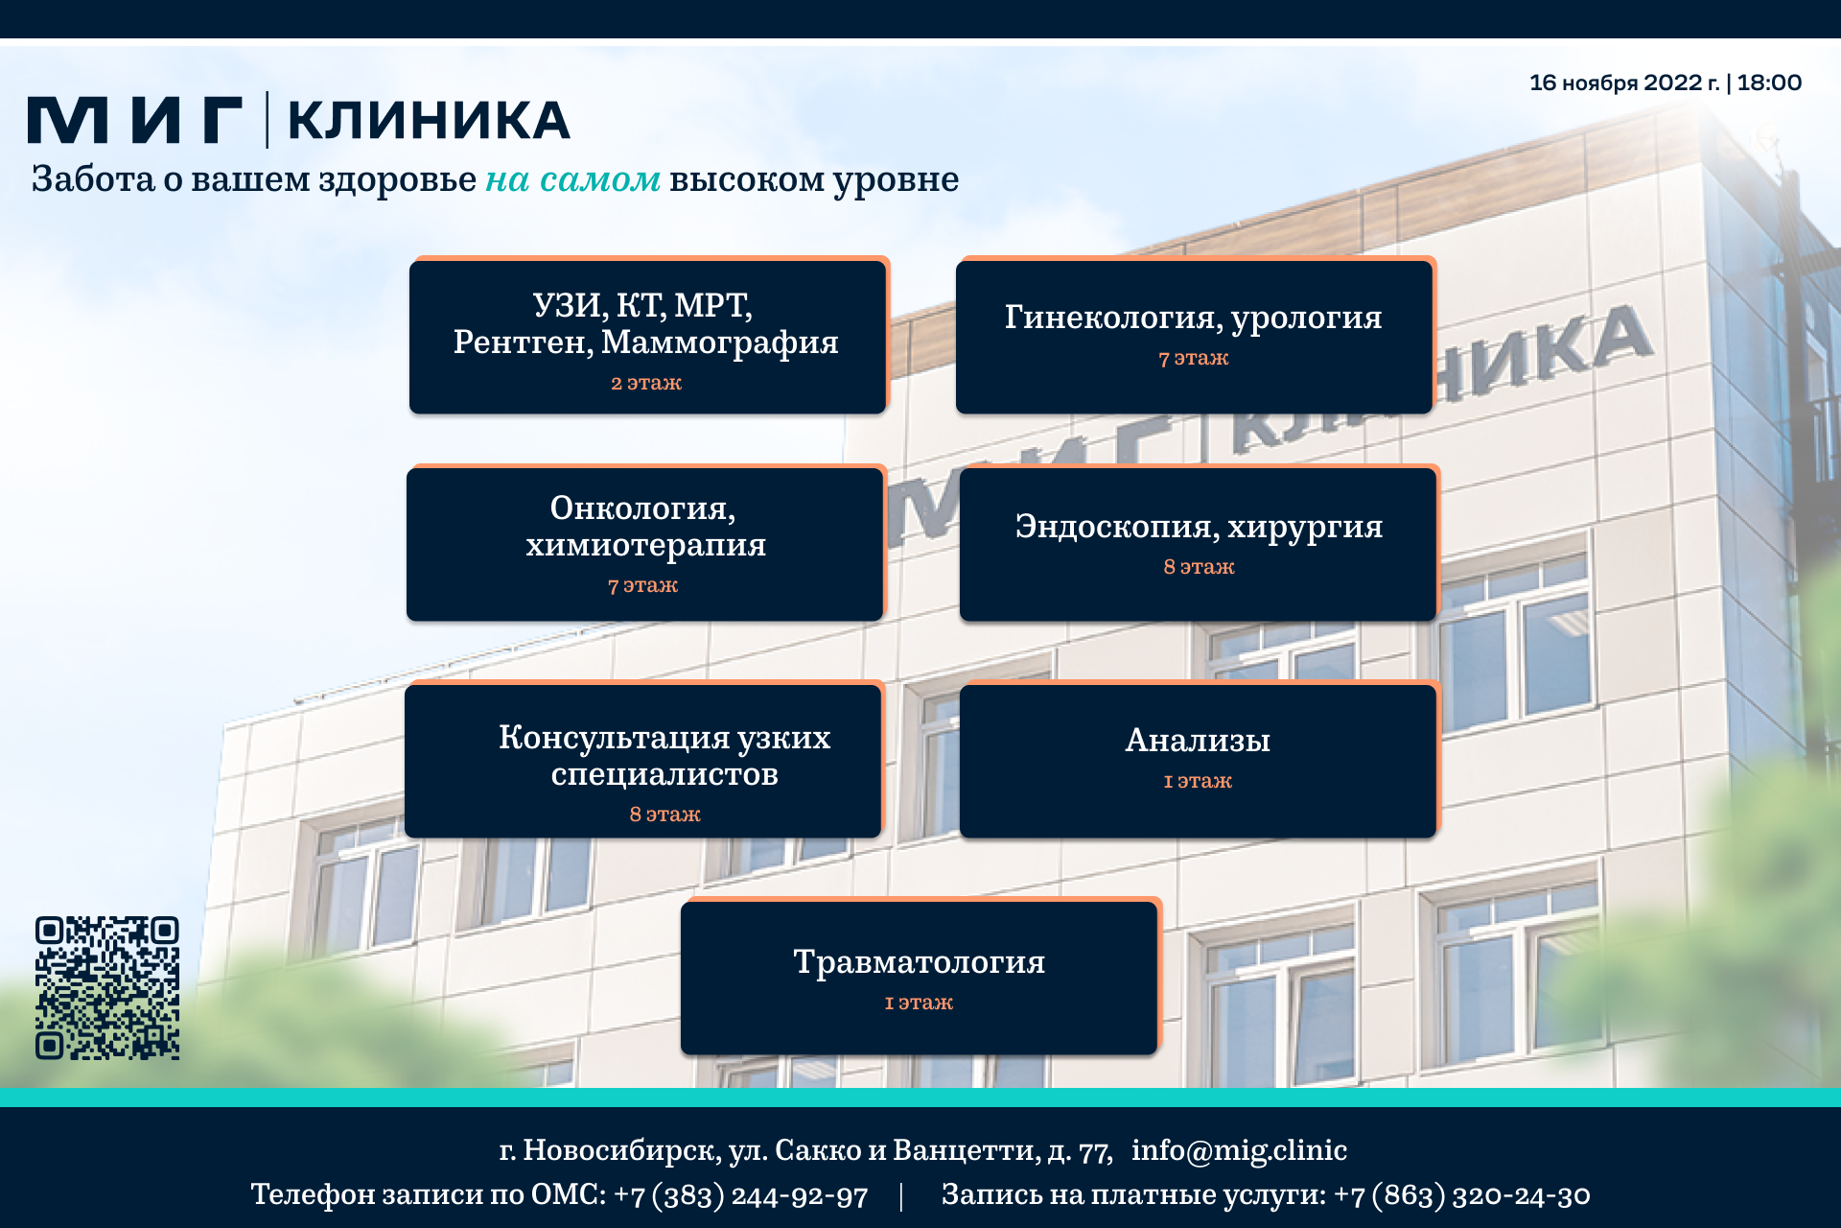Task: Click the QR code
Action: click(107, 988)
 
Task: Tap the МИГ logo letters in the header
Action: click(135, 120)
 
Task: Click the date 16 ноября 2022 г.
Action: click(1624, 83)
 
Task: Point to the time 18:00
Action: click(1769, 83)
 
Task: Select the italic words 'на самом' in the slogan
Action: click(572, 179)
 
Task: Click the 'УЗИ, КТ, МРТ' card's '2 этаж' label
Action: click(646, 383)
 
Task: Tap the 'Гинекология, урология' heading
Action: click(1194, 318)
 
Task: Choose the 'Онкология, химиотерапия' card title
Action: click(645, 526)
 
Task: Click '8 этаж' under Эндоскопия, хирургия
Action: click(1199, 567)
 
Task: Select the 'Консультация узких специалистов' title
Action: click(664, 755)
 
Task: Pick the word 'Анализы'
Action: click(1198, 741)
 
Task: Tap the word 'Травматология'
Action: click(919, 961)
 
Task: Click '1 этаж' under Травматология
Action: click(919, 1003)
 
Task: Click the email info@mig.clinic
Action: click(1239, 1149)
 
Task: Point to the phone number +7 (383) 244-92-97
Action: click(740, 1195)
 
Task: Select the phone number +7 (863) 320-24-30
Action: click(1461, 1195)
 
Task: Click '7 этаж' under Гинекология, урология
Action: click(1194, 358)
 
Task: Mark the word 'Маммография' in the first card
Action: click(719, 342)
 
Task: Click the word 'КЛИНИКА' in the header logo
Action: click(429, 120)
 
